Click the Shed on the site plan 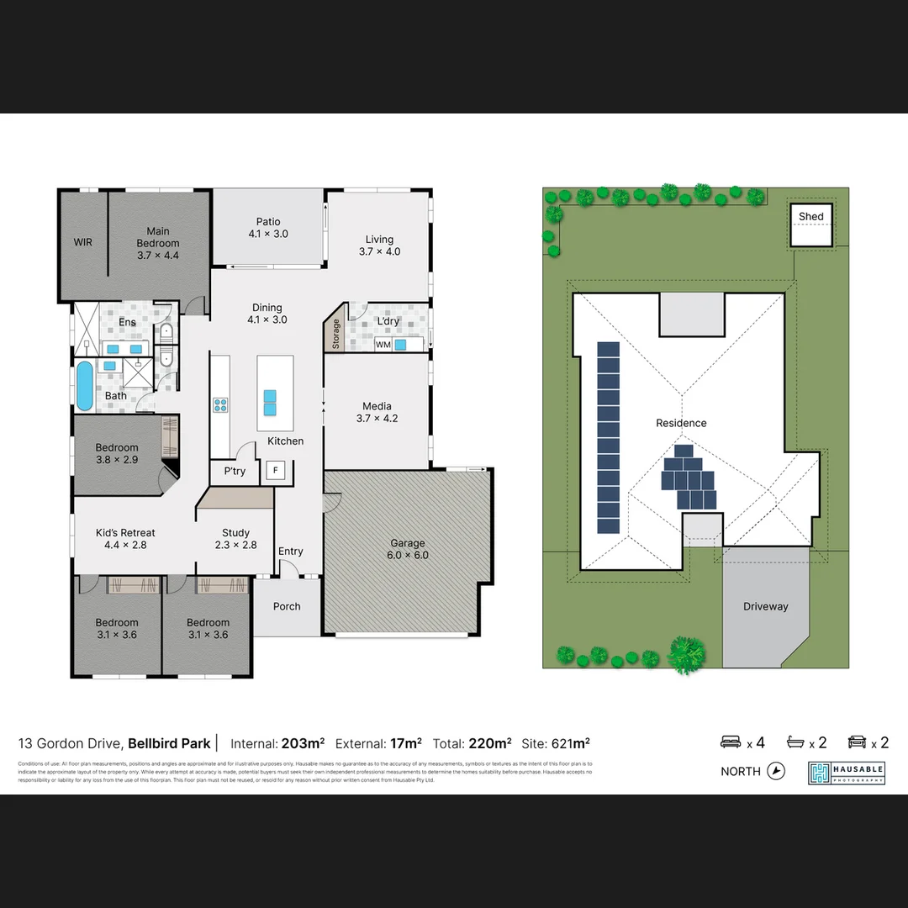click(810, 224)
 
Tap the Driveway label click(765, 606)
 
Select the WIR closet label click(82, 242)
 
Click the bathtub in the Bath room click(84, 385)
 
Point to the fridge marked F click(275, 471)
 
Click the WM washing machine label click(383, 345)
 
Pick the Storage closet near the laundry click(335, 334)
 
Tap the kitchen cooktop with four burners click(220, 406)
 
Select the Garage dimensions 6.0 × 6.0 click(408, 555)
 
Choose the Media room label click(377, 407)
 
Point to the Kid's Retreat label click(125, 533)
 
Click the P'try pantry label click(235, 471)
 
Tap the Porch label click(287, 606)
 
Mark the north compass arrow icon click(776, 771)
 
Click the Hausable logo click(846, 773)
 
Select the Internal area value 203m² click(303, 743)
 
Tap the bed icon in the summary click(731, 742)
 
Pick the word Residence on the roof click(681, 423)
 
